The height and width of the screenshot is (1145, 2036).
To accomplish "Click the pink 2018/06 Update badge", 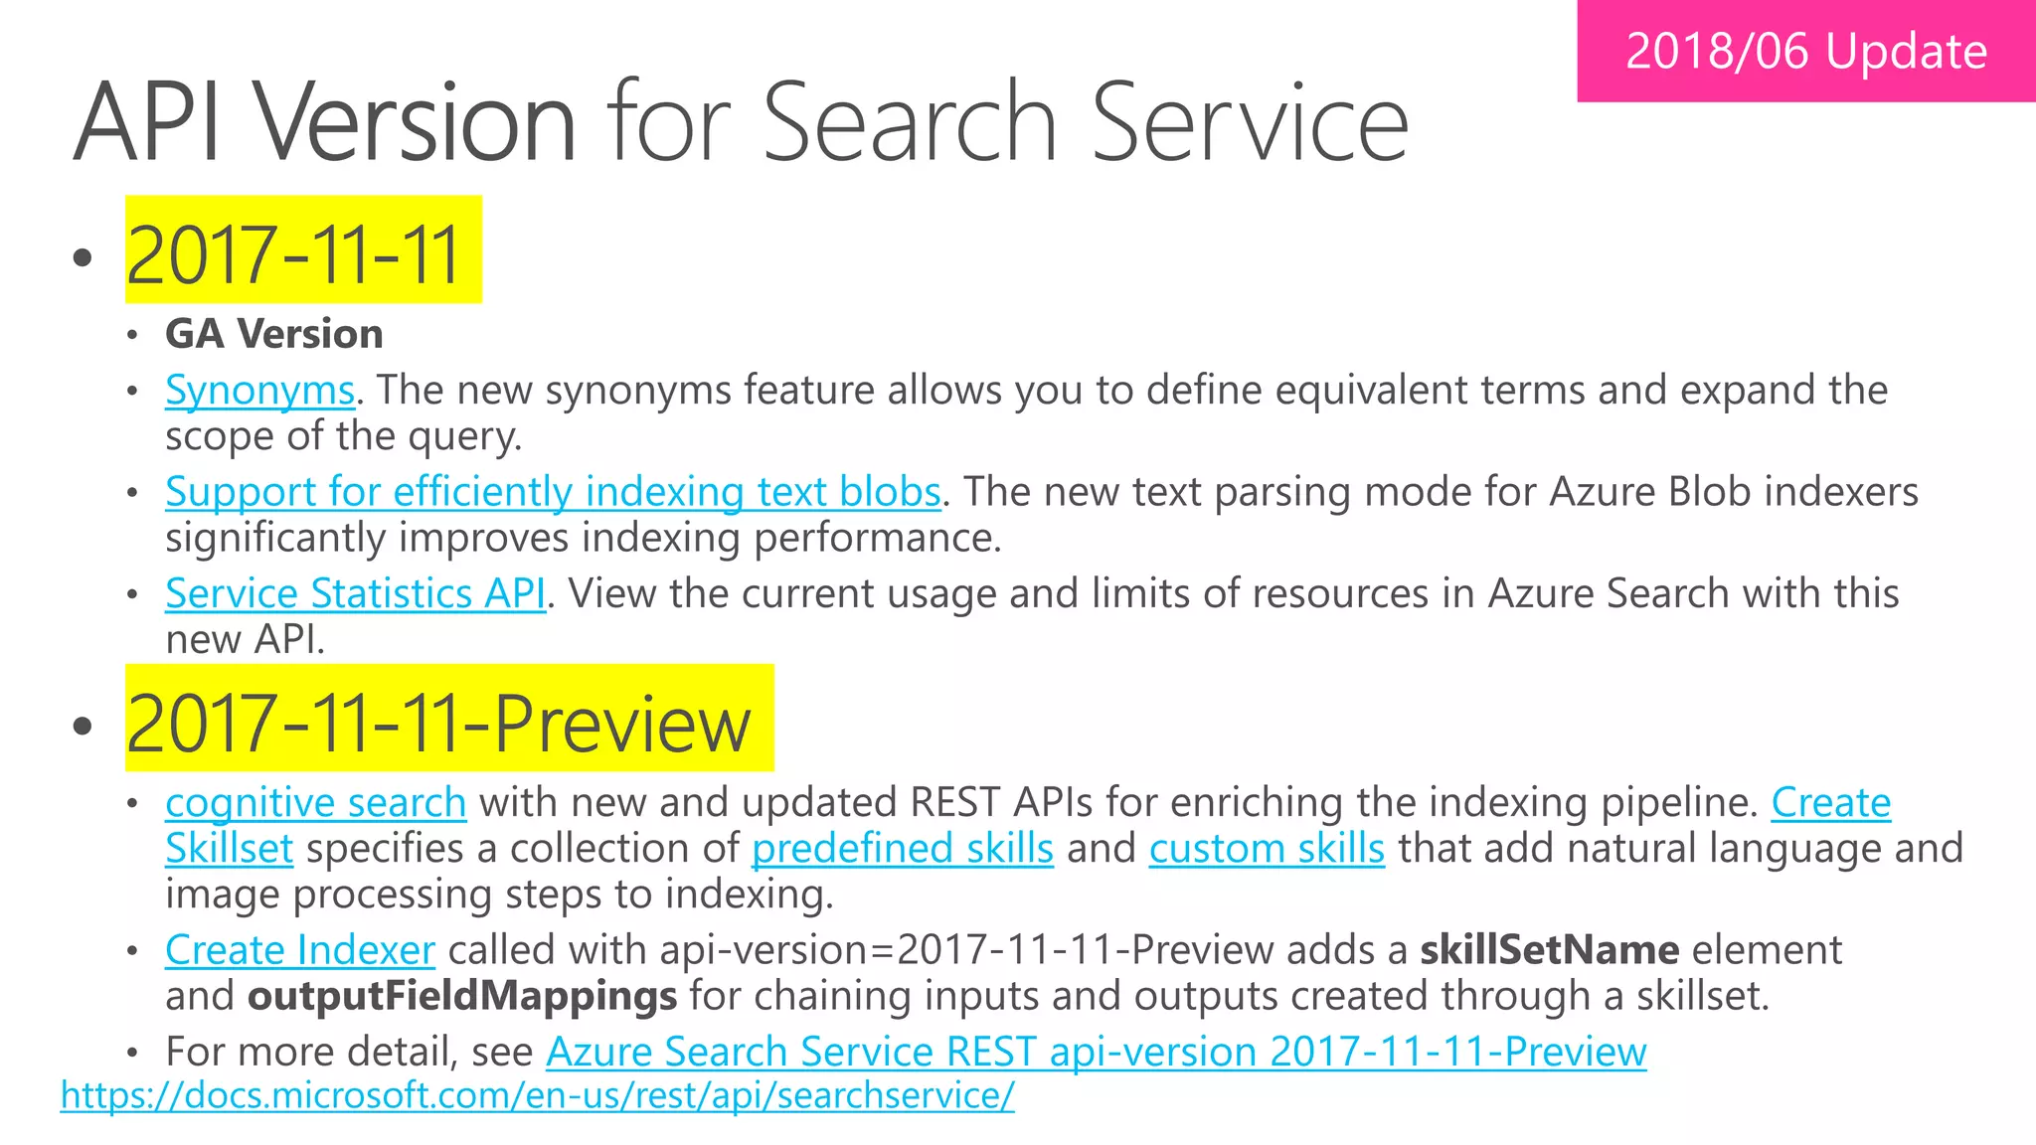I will point(1805,52).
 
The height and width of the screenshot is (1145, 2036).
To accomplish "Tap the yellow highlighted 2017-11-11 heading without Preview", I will point(294,254).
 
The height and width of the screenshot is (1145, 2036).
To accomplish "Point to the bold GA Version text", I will point(274,334).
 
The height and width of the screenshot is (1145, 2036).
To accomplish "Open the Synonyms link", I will point(259,391).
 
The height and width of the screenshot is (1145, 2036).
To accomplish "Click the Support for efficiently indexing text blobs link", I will point(553,492).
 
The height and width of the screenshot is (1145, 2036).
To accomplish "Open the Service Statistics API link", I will point(355,594).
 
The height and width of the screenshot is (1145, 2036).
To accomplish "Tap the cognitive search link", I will point(315,803).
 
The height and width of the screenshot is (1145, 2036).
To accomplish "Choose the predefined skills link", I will point(902,849).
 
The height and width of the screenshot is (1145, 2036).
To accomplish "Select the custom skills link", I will point(1267,849).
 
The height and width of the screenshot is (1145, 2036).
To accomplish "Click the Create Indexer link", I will point(300,950).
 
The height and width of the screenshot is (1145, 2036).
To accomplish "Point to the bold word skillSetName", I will point(1549,950).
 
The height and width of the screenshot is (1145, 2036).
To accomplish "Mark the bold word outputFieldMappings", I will point(462,996).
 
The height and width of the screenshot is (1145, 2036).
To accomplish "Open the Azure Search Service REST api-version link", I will point(1096,1052).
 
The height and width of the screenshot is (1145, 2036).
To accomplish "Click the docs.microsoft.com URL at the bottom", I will point(537,1095).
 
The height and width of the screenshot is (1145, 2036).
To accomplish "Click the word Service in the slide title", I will point(1250,123).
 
